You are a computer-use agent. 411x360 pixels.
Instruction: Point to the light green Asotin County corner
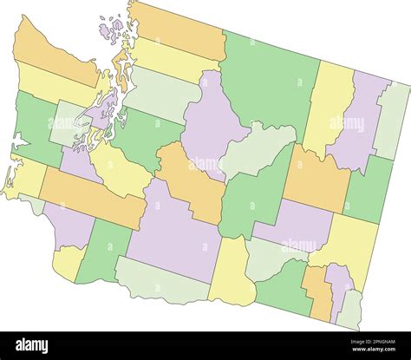[x=350, y=308]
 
